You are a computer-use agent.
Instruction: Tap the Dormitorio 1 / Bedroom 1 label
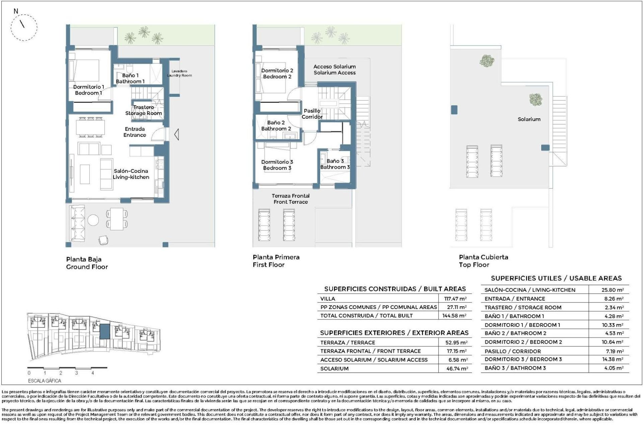pos(88,90)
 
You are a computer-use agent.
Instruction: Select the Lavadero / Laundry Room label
pos(180,73)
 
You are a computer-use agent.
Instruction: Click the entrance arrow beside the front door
pos(176,134)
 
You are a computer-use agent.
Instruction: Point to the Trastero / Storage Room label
pos(144,110)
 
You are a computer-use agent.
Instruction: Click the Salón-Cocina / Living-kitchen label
pos(131,174)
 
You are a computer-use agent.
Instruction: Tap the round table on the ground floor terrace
pos(93,220)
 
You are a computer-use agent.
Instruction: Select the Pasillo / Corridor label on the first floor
pos(312,114)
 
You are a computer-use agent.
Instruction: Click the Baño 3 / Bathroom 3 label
pos(335,164)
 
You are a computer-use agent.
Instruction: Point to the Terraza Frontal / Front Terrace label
pos(290,199)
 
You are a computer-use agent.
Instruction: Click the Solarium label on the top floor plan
pos(529,119)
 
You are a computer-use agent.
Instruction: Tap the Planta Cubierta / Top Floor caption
pos(483,261)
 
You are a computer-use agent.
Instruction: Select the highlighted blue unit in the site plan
pos(105,331)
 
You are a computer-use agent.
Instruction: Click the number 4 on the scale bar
pos(92,373)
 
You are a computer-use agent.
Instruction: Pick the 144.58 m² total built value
pos(455,316)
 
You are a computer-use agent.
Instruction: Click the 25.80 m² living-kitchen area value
pos(612,290)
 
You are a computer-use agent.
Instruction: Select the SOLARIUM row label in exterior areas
pos(334,369)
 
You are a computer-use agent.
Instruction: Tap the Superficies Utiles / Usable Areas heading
pos(556,278)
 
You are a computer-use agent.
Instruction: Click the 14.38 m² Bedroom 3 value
pos(612,359)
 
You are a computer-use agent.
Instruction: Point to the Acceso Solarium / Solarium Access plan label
pos(334,70)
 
